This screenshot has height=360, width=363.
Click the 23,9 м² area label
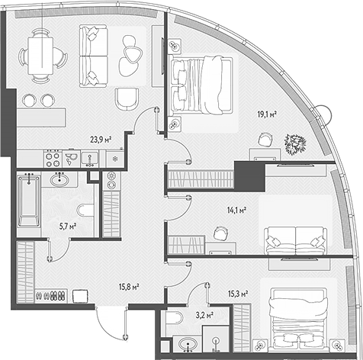pos(101,140)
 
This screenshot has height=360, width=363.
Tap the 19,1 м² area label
pos(267,114)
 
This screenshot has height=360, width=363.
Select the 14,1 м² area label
pos(236,211)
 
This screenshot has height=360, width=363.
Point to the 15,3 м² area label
pos(238,294)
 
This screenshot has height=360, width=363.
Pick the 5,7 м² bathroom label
pos(68,226)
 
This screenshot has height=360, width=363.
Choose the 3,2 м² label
pos(204,316)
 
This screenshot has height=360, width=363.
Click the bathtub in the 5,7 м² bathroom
pos(29,200)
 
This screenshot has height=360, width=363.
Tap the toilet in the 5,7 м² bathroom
pos(85,210)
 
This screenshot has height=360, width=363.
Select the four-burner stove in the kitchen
pos(53,159)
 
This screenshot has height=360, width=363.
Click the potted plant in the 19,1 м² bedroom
pos(295,144)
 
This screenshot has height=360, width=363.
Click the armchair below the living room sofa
pos(127,100)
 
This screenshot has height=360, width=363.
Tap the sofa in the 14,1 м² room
pos(295,241)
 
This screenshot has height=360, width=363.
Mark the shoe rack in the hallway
pos(51,296)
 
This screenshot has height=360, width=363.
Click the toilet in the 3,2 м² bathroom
pos(174,318)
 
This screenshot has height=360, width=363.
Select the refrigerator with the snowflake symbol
pos(115,159)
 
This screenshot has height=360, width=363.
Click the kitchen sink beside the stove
pos(89,159)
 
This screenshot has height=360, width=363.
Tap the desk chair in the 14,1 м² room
pos(220,233)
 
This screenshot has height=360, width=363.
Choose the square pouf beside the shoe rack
pos(81,297)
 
